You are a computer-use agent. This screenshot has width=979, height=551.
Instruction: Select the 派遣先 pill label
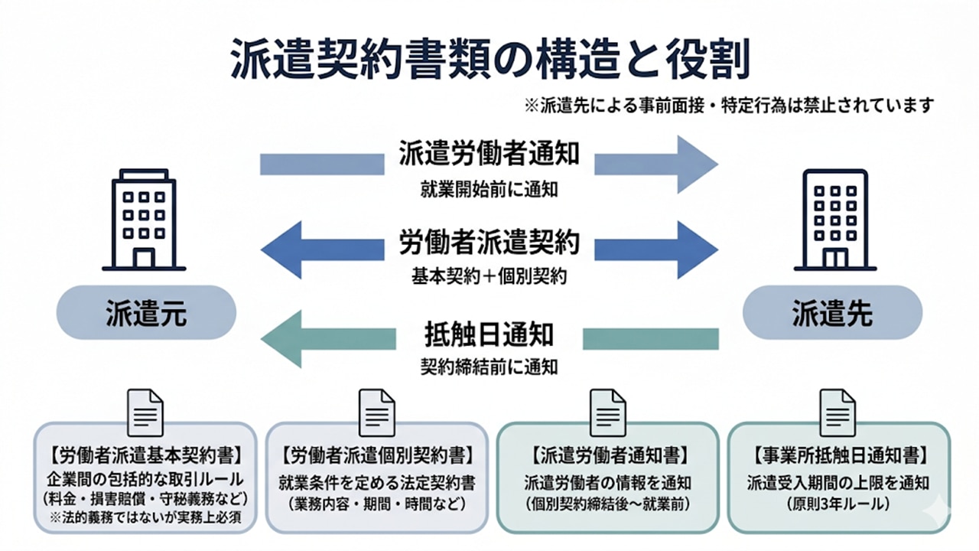point(833,313)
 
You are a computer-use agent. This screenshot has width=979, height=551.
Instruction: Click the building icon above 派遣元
point(144,220)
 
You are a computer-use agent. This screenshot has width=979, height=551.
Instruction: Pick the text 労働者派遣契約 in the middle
point(489,243)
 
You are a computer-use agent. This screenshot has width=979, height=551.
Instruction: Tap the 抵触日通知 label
point(489,334)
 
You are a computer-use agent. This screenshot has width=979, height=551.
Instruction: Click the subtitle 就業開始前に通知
point(489,189)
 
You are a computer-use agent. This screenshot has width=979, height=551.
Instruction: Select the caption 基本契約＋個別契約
point(489,276)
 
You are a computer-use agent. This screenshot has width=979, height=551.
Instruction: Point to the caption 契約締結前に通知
point(489,367)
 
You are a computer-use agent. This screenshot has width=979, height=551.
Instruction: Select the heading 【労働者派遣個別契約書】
point(376,456)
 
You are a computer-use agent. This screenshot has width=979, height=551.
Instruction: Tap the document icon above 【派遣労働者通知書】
point(607,412)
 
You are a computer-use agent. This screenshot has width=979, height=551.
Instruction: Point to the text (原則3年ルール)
point(838,504)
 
